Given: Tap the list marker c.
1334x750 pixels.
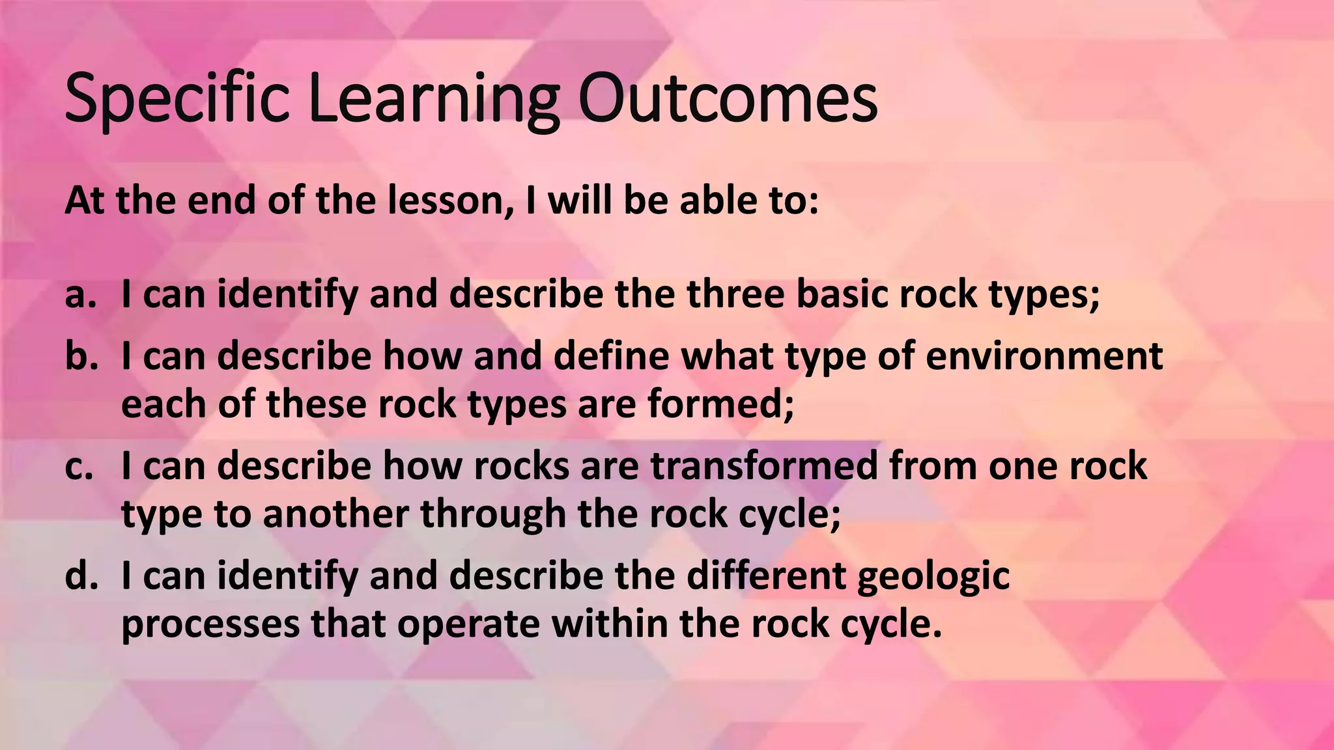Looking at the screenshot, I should (x=79, y=466).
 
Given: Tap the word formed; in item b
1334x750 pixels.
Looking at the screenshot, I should (x=721, y=404).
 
